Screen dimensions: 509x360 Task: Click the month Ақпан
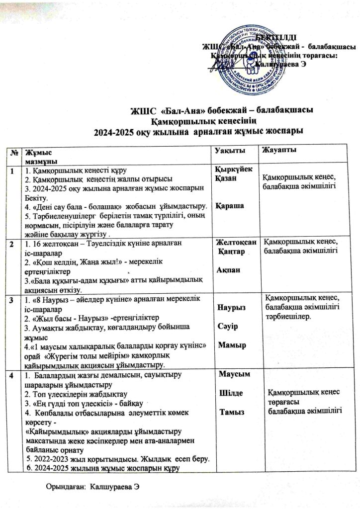click(227, 270)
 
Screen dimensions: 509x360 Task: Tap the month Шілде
click(231, 394)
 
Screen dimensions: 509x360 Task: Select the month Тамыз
click(231, 413)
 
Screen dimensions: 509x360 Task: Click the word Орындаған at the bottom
click(64, 486)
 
